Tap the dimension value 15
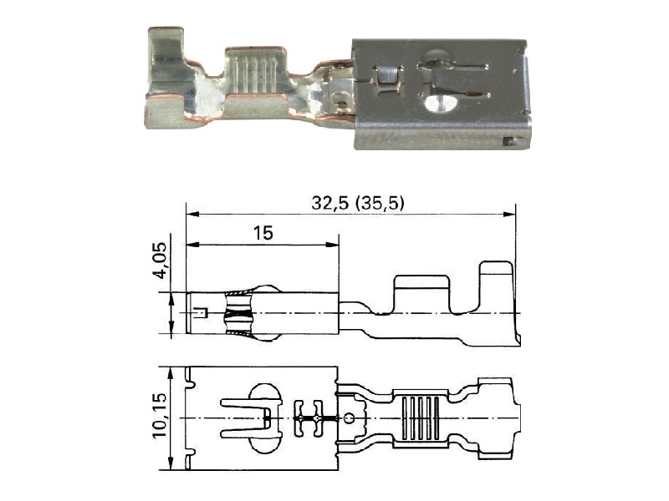point(263,233)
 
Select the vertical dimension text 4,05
point(160,261)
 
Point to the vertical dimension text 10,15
point(160,415)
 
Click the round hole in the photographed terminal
point(442,104)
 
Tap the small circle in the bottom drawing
point(349,418)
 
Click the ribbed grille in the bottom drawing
point(421,417)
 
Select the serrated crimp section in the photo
point(255,70)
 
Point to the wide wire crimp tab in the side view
point(421,295)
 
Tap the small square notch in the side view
point(200,312)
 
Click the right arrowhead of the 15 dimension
point(333,245)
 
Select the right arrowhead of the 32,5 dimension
point(509,214)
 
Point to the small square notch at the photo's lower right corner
point(509,141)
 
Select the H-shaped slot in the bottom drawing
point(309,418)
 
